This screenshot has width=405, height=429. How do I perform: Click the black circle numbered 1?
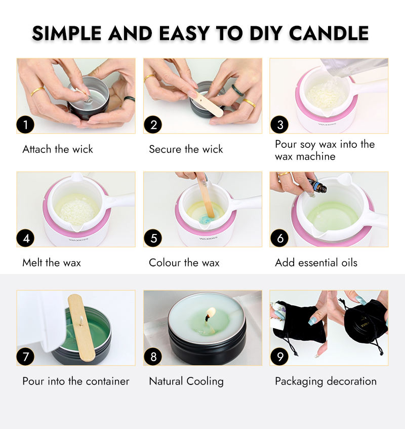[25, 125]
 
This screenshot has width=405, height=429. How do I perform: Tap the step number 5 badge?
[153, 238]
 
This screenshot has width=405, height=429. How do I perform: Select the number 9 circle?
[279, 357]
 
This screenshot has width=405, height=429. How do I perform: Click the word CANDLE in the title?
[329, 33]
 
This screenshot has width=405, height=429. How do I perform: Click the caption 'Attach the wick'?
[58, 149]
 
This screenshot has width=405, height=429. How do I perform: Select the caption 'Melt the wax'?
[52, 263]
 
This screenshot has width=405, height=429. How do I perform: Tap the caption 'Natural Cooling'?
[186, 381]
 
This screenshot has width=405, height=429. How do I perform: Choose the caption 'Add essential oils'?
[316, 263]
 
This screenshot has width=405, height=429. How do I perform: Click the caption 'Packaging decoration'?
[326, 381]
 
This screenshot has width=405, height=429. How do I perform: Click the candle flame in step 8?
[211, 312]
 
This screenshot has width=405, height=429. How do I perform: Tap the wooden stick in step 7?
[81, 328]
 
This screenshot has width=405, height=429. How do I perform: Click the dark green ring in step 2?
[237, 91]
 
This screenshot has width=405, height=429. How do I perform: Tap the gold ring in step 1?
[37, 91]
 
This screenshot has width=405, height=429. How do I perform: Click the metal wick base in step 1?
[88, 100]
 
